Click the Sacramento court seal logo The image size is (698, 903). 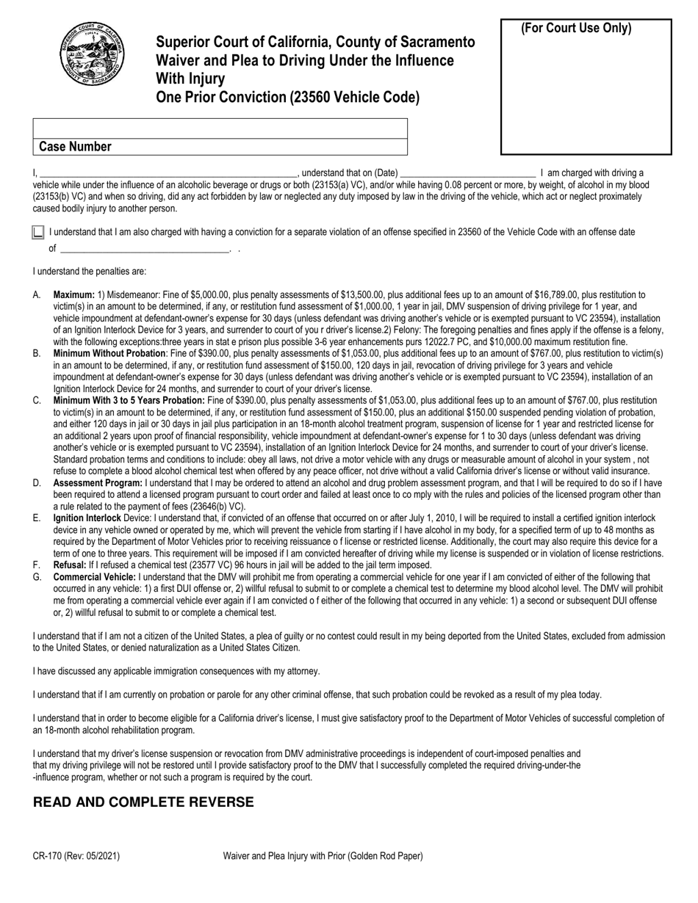(x=92, y=54)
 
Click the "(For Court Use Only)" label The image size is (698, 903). (x=575, y=29)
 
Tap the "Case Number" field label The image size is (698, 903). (x=75, y=146)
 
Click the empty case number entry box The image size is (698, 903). (x=220, y=128)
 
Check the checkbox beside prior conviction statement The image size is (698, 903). (x=38, y=233)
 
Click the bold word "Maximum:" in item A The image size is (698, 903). (x=74, y=294)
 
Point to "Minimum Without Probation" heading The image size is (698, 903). (x=109, y=353)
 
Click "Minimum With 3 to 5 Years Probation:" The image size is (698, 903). (x=129, y=400)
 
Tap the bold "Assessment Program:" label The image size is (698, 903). (x=98, y=483)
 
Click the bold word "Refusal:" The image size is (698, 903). (x=70, y=565)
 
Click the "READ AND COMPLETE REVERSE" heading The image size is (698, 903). (x=143, y=802)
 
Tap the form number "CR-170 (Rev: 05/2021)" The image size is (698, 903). (x=76, y=856)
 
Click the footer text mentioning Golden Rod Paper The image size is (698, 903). (x=323, y=856)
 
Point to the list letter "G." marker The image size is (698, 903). (x=37, y=577)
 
